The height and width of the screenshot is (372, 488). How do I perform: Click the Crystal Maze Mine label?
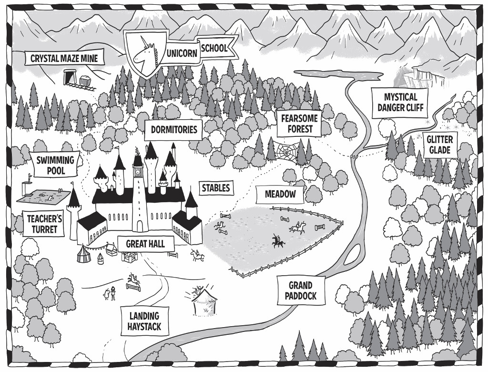64,59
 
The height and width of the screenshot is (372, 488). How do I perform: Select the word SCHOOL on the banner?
214,48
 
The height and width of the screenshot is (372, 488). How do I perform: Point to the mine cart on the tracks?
86,82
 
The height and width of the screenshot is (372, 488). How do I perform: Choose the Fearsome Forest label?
297,124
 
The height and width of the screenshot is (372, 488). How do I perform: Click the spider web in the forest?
285,153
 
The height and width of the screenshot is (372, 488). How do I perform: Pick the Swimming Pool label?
56,165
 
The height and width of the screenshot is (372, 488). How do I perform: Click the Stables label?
215,188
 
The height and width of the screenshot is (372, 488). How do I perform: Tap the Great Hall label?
145,244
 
